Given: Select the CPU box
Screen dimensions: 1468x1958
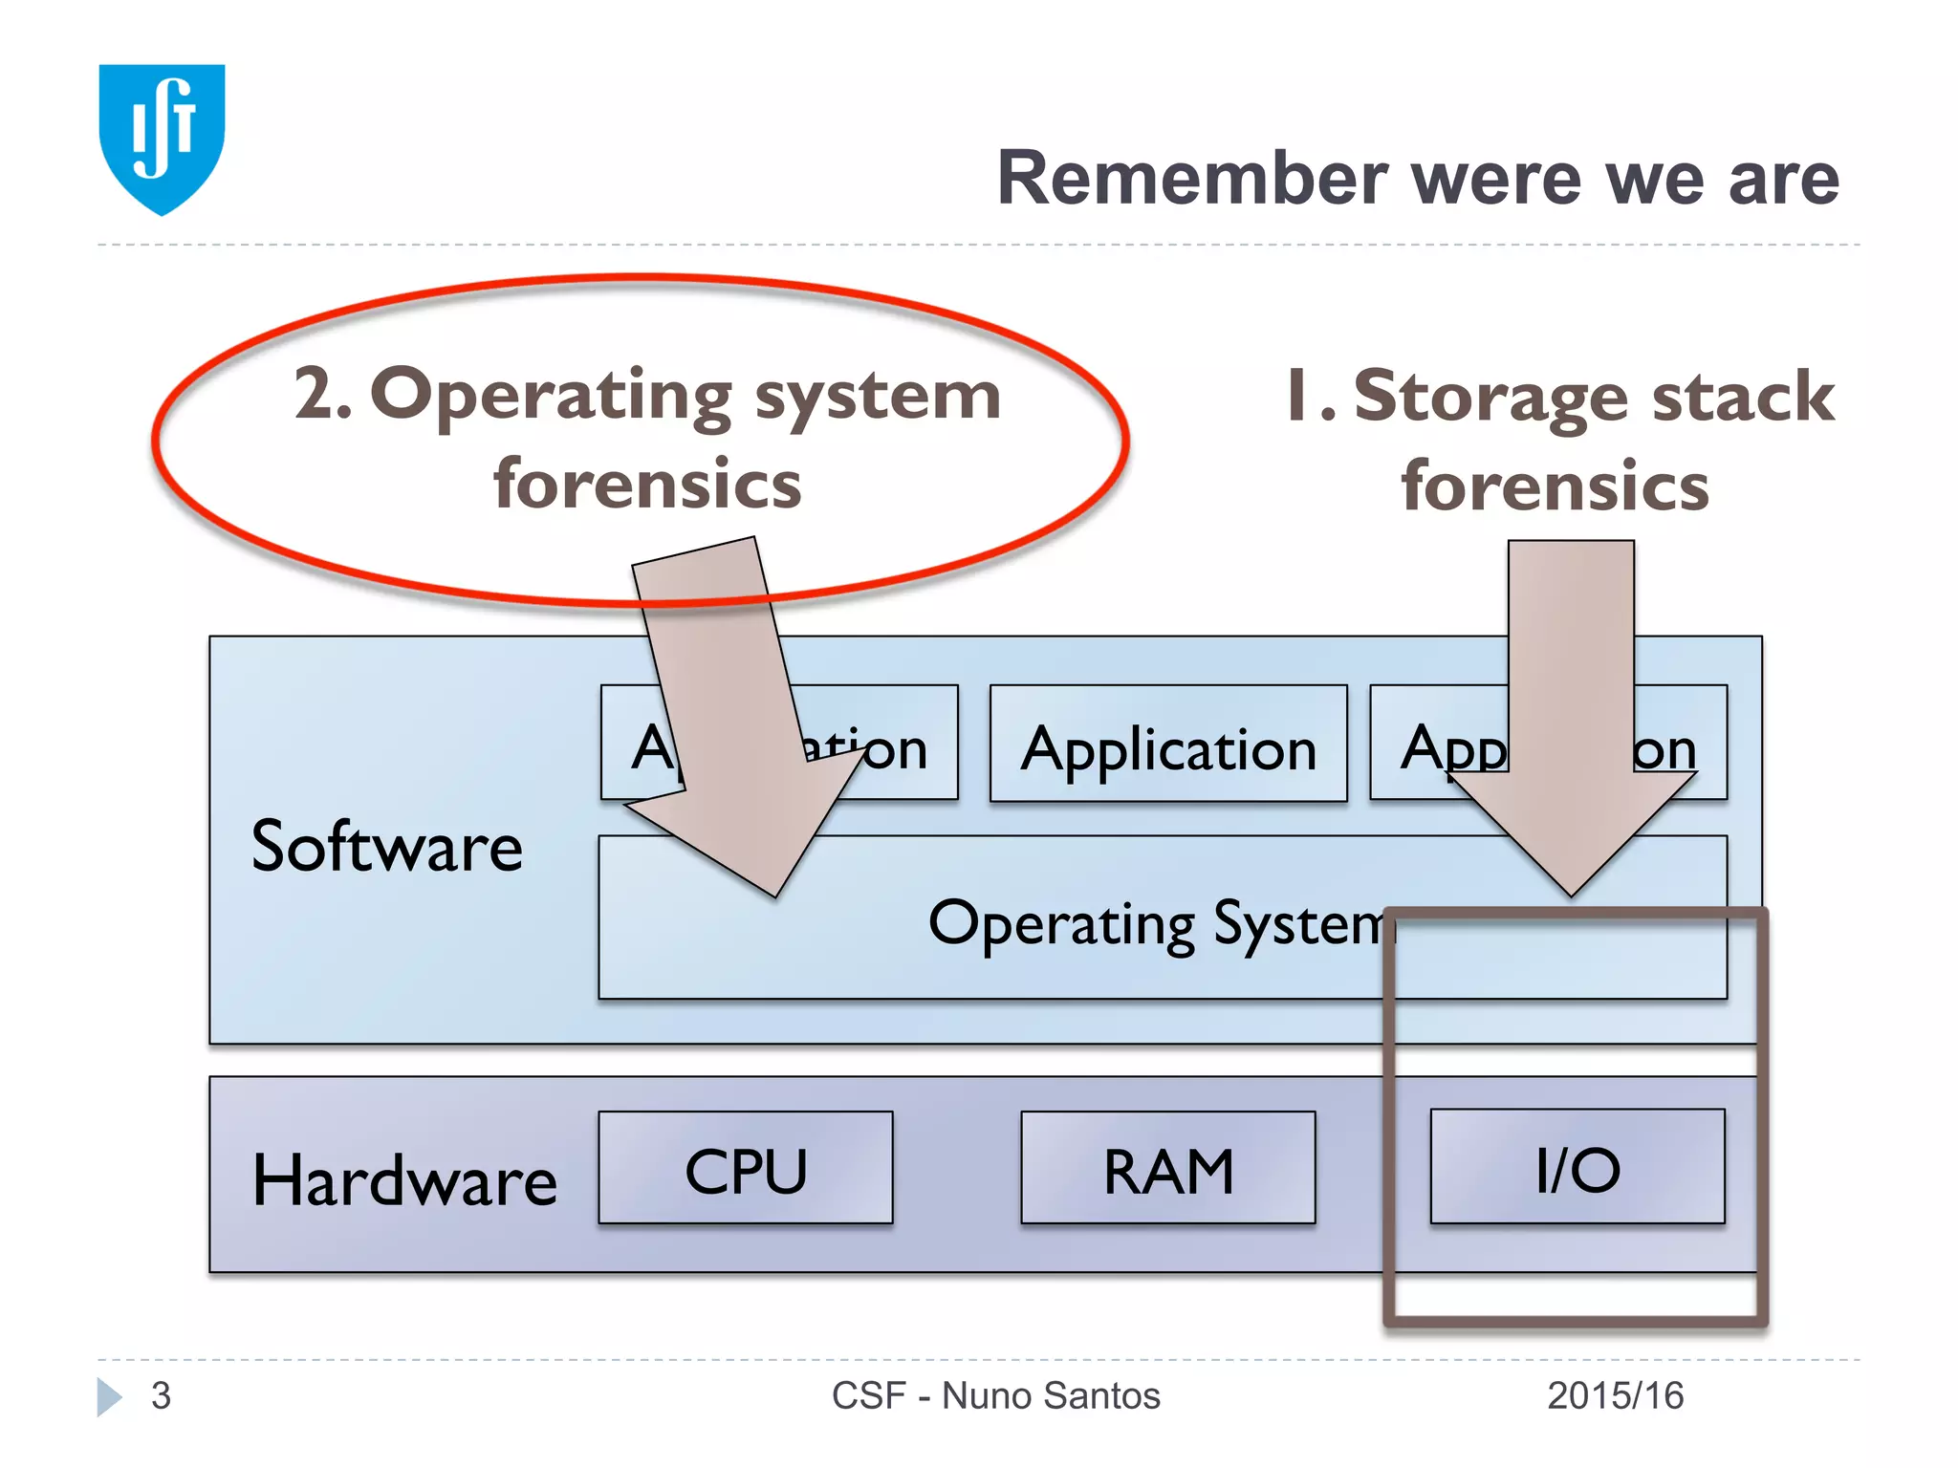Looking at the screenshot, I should click(746, 1168).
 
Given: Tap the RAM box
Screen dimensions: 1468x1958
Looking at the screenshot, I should click(1168, 1168).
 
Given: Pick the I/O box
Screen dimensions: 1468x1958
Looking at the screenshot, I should click(1577, 1167).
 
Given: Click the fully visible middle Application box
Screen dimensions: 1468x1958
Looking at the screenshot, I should click(1168, 745).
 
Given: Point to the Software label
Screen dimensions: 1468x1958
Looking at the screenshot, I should click(386, 847).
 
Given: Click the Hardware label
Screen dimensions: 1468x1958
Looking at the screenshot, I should click(404, 1180).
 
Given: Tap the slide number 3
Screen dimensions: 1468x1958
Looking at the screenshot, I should click(161, 1396).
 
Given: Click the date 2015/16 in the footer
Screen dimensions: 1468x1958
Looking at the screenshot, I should click(1615, 1396).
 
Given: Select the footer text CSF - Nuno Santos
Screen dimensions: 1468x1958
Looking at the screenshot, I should click(995, 1396).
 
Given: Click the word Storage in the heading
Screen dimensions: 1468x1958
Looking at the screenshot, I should click(1491, 397).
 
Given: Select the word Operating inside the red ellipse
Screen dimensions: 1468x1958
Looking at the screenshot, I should click(552, 396).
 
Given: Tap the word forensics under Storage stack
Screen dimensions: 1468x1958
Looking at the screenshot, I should click(1555, 486).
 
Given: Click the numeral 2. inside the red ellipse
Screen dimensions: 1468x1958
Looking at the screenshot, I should click(322, 394).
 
